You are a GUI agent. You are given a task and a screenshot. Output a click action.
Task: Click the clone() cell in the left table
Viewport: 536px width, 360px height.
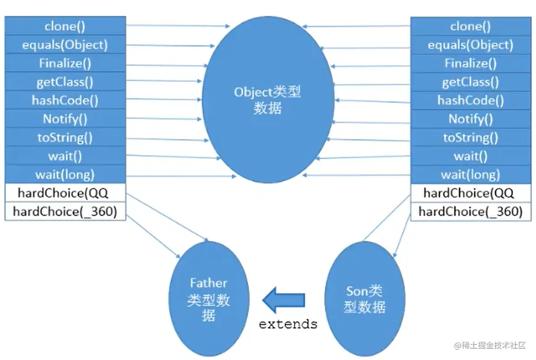click(65, 26)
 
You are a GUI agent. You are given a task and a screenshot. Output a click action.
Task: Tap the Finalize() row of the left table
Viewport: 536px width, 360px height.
click(65, 64)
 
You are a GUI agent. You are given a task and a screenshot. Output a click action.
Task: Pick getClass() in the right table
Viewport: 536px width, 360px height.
click(470, 82)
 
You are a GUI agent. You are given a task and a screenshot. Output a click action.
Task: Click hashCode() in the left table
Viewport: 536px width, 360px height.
click(65, 100)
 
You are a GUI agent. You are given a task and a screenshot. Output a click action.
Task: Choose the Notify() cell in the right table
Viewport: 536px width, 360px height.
click(470, 119)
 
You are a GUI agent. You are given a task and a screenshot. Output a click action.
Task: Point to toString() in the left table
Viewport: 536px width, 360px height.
click(65, 137)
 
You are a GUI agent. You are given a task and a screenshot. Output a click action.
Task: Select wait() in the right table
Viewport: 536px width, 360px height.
click(470, 156)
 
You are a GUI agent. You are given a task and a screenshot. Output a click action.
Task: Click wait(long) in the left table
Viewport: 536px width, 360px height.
click(65, 174)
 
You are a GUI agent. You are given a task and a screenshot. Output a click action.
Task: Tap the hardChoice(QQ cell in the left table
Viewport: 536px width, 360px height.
click(65, 193)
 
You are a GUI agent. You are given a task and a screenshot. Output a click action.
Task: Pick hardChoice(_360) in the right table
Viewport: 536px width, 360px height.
click(470, 211)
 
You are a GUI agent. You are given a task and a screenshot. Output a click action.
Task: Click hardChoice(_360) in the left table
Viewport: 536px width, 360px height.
click(65, 211)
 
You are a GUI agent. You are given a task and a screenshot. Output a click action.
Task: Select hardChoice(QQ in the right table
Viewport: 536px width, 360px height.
click(470, 193)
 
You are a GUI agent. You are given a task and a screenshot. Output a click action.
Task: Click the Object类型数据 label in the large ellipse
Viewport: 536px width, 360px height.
click(267, 100)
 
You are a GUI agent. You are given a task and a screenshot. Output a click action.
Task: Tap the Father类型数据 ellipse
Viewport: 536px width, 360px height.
click(209, 299)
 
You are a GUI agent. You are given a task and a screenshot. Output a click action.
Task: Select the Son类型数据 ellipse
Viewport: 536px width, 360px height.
click(364, 299)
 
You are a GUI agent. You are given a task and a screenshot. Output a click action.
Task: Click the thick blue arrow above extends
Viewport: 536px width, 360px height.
click(284, 300)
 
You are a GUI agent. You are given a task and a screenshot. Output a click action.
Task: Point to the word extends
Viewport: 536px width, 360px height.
click(288, 324)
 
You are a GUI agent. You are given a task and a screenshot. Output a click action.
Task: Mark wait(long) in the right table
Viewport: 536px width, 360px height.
click(470, 175)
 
